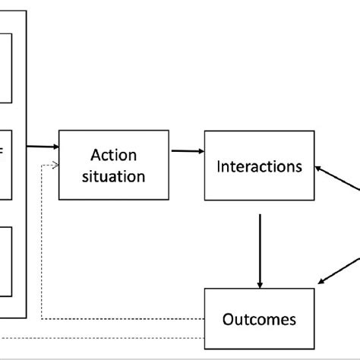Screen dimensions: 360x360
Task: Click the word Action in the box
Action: tap(113, 156)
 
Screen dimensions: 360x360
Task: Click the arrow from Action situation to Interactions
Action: tap(186, 151)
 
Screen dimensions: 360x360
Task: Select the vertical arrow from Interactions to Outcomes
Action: tap(261, 247)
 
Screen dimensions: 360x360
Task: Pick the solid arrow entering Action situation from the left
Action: tap(43, 147)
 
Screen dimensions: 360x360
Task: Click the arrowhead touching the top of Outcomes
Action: tap(261, 283)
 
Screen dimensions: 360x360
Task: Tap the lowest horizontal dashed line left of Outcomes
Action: tap(114, 338)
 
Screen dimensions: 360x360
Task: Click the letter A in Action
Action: tap(95, 156)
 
